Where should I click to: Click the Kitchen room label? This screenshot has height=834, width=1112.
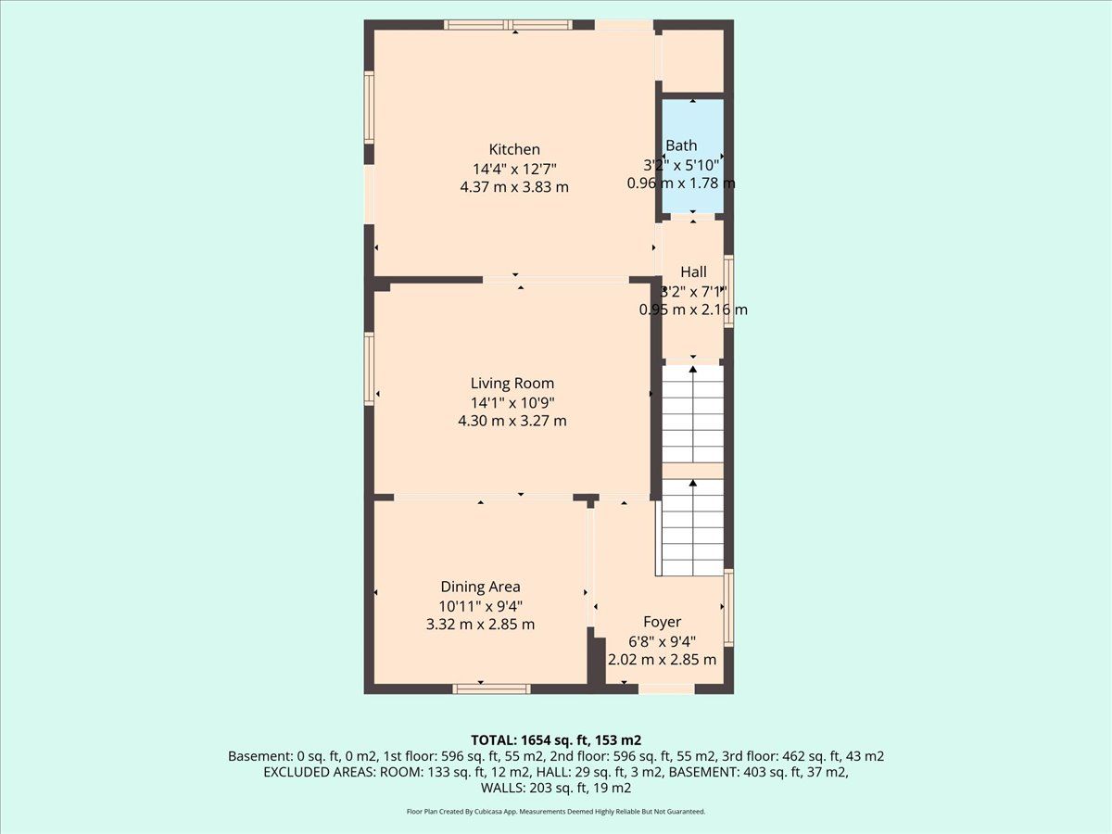click(514, 149)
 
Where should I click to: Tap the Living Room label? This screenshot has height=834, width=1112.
click(512, 383)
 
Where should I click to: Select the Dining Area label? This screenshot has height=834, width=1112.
click(480, 587)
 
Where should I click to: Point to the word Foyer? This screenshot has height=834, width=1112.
click(663, 622)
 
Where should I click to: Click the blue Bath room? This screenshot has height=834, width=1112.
click(692, 156)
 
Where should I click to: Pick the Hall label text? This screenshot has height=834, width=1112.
click(693, 272)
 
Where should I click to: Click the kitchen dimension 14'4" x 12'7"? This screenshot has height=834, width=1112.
click(514, 168)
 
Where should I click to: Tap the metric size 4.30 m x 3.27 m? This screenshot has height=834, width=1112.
click(512, 421)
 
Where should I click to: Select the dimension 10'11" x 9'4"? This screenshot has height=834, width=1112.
click(480, 606)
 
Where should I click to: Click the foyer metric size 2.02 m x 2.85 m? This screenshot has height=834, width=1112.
click(663, 660)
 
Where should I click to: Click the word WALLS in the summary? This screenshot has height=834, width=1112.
click(503, 788)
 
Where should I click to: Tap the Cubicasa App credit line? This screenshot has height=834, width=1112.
click(556, 812)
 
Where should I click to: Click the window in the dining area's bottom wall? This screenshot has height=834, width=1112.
click(491, 689)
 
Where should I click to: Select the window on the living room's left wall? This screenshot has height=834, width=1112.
click(370, 369)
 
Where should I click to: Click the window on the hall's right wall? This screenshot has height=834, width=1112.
click(728, 291)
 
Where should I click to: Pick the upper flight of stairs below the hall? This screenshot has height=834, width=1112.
click(693, 413)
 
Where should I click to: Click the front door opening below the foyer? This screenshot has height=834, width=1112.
click(666, 689)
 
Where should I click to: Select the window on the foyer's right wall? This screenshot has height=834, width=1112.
click(728, 608)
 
